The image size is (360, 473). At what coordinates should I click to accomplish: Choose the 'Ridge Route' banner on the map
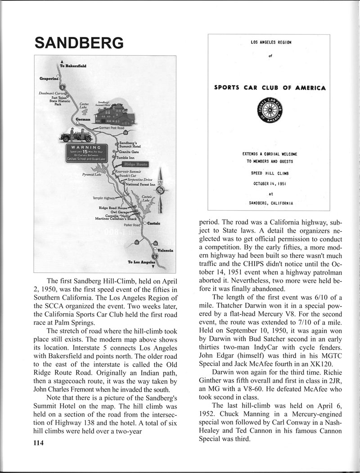coord(138,165)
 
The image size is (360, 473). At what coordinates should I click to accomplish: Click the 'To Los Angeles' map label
coord(142,261)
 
